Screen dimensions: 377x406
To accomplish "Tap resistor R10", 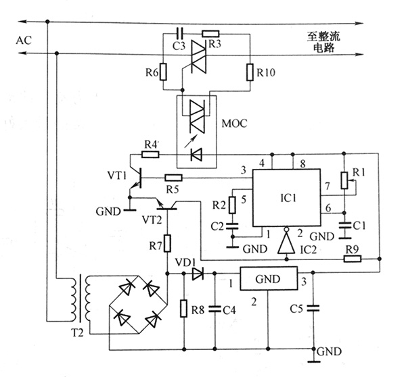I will coord(250,71).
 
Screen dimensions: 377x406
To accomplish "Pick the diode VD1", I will coord(197,274).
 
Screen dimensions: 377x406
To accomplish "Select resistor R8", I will coord(183,309).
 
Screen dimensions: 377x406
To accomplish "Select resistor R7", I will coord(166,242).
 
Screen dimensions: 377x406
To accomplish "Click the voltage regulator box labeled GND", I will coord(268,278).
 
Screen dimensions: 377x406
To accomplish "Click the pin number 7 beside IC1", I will coord(327,185).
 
